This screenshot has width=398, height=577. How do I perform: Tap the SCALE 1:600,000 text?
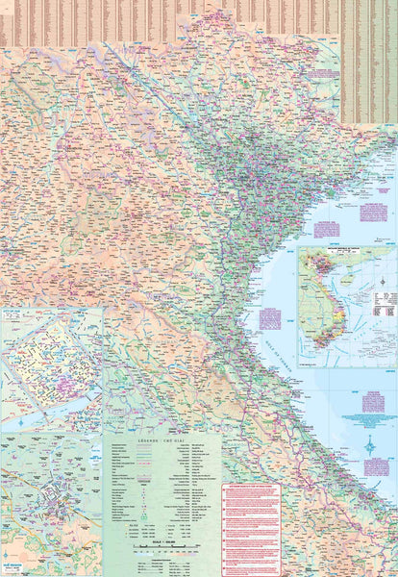pyautogui.click(x=162, y=539)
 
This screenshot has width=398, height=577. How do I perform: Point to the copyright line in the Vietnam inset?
pyautogui.click(x=346, y=364)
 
